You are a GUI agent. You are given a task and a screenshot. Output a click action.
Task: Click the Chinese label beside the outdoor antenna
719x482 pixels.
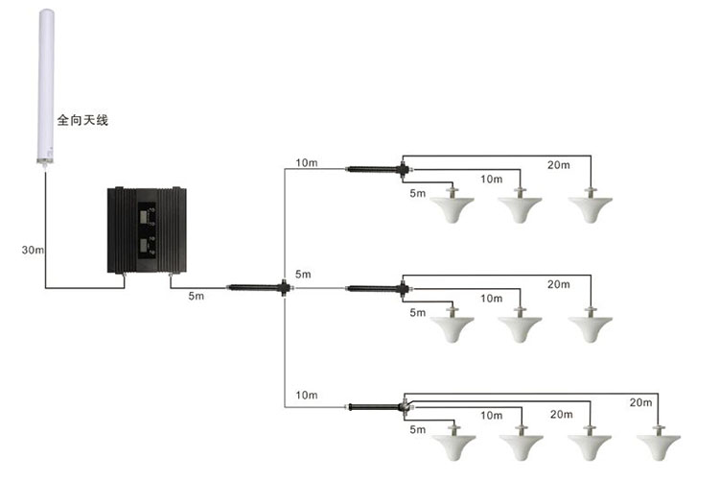[82, 120]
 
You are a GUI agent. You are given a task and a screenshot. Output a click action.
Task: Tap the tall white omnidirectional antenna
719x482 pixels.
[45, 87]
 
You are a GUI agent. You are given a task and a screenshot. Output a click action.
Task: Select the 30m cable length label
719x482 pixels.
[33, 251]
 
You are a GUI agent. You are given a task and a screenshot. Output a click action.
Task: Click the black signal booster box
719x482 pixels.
[147, 230]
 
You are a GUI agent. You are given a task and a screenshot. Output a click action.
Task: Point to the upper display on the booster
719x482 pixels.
[145, 216]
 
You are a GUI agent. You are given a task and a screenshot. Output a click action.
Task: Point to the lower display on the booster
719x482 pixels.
[145, 245]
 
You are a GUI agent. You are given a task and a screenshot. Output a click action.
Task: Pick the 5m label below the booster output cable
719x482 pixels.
[197, 296]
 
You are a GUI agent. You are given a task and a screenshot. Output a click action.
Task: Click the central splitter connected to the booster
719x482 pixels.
[260, 288]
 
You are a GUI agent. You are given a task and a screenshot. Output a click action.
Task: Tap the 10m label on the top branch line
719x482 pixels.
[307, 163]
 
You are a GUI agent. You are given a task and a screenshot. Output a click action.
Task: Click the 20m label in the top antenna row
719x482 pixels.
[559, 165]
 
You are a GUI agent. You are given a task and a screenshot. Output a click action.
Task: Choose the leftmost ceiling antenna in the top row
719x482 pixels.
[452, 205]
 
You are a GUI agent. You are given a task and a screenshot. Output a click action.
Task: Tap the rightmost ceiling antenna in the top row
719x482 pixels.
[591, 205]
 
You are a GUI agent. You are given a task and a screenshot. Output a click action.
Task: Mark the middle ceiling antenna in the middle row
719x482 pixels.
[520, 325]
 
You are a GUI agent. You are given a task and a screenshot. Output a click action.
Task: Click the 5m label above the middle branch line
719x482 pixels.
[303, 275]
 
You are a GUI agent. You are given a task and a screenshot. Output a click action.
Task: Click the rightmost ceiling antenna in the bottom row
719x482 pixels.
[659, 442]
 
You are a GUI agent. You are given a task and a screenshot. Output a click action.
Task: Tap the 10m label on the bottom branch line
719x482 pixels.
[307, 396]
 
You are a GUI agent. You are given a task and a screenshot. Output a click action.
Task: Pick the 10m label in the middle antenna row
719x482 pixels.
[492, 299]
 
